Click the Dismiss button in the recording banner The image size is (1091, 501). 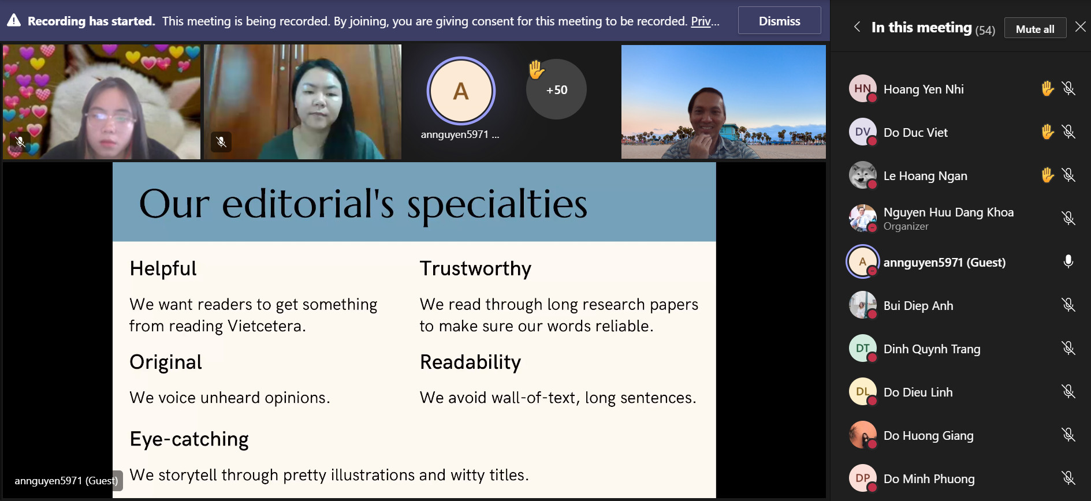point(779,21)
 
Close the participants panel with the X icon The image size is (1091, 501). point(1081,27)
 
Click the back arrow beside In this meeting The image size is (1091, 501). point(857,27)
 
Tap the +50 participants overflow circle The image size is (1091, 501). point(556,89)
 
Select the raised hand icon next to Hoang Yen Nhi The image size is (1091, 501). point(1048,88)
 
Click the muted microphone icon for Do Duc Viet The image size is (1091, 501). point(1068,132)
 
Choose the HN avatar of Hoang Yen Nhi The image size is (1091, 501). point(862,89)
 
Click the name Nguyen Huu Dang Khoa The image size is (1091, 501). point(948,212)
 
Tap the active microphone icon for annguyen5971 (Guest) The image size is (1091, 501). point(1068,262)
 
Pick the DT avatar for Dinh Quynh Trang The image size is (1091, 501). point(862,349)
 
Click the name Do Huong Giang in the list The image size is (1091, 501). point(928,436)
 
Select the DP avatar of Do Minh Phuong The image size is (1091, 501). point(862,478)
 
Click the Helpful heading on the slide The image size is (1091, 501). point(163,268)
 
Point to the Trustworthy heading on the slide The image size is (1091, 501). point(475,269)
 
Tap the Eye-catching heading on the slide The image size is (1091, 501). point(189,439)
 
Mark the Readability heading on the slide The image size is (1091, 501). point(470,362)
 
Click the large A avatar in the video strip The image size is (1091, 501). point(461,91)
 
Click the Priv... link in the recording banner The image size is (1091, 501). point(705,21)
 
